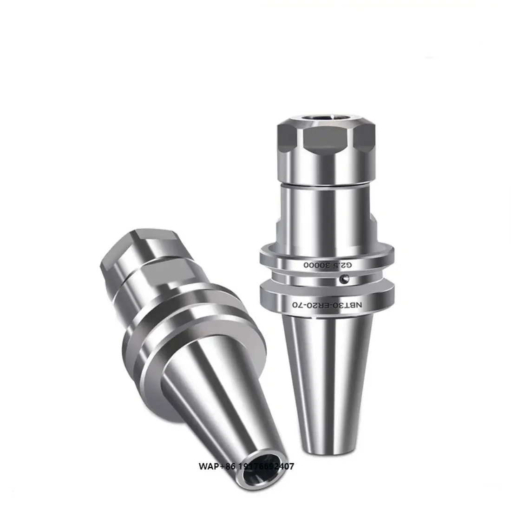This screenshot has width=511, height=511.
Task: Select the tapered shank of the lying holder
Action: (204, 409)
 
